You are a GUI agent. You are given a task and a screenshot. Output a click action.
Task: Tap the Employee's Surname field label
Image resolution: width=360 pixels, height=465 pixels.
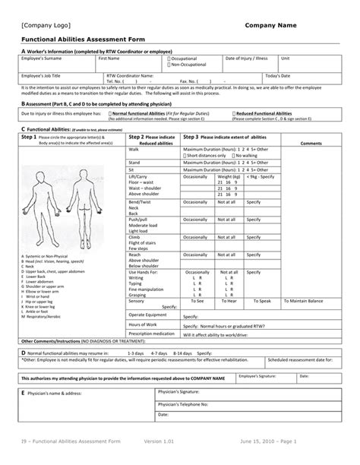(42, 58)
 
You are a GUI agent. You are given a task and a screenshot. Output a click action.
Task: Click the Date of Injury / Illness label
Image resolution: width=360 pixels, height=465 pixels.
(246, 58)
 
